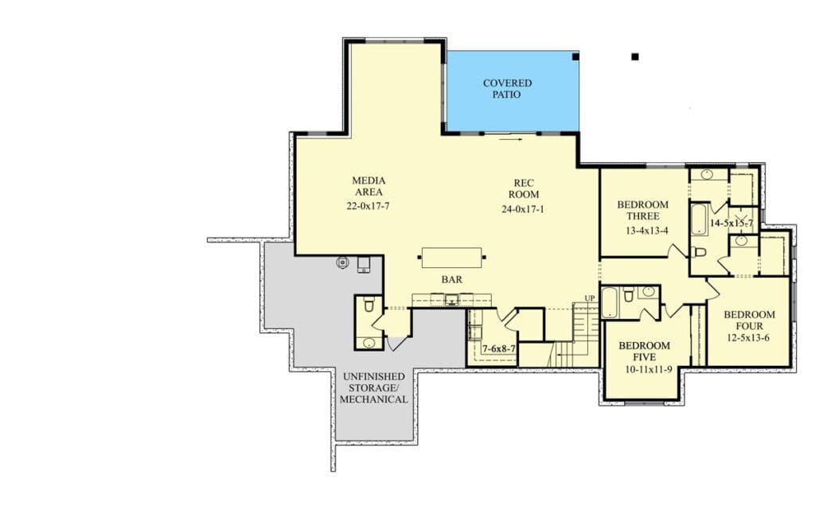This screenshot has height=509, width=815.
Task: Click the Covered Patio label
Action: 507,89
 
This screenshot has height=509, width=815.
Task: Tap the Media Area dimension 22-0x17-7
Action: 368,206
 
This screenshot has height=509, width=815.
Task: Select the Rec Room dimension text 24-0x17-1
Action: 523,209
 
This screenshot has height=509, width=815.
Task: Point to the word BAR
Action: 452,279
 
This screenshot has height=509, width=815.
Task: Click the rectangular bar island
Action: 452,258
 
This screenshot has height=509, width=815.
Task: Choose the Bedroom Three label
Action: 643,210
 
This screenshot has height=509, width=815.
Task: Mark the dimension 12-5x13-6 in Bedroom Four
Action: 748,338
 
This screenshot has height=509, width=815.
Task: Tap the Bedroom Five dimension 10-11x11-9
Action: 648,370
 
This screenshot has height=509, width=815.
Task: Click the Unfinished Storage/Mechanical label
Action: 374,387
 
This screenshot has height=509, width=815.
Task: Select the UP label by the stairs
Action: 590,298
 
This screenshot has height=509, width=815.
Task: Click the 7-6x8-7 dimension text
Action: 499,349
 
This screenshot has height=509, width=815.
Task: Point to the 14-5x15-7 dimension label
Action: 731,223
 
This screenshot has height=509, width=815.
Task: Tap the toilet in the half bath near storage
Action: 369,305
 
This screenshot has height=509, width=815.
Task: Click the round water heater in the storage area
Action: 342,262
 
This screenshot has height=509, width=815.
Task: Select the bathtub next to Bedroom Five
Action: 610,302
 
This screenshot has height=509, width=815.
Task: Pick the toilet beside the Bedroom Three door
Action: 699,252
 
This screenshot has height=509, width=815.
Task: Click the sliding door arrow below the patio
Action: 512,138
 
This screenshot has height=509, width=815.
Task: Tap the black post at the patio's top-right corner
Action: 575,56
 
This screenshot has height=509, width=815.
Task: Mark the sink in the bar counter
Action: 452,299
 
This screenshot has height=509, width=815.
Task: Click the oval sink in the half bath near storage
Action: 369,343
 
